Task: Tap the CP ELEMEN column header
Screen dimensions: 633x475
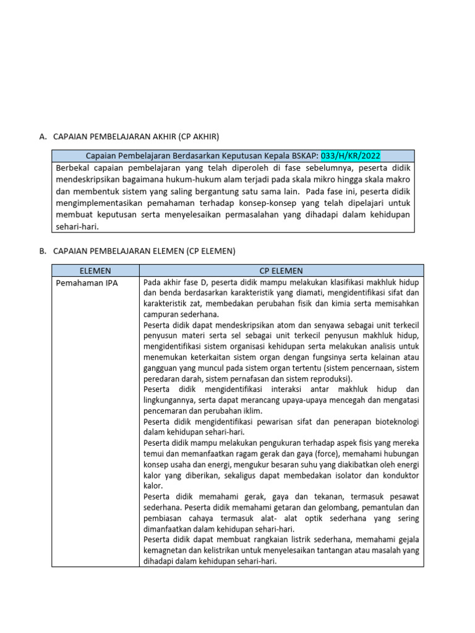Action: coord(281,271)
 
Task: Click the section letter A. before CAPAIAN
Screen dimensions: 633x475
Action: coord(43,136)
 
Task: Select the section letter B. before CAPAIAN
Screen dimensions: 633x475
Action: coord(43,251)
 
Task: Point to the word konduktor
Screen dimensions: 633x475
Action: coord(399,476)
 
